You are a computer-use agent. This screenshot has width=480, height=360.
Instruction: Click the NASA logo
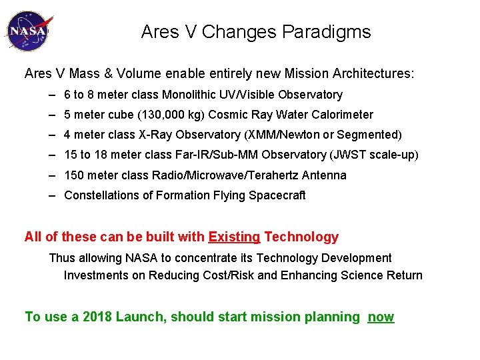pyautogui.click(x=27, y=31)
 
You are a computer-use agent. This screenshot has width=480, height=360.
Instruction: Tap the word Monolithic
pyautogui.click(x=197, y=95)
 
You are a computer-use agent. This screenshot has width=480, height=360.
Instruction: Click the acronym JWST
pyautogui.click(x=344, y=155)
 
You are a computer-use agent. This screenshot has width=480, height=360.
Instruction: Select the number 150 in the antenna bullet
pyautogui.click(x=74, y=175)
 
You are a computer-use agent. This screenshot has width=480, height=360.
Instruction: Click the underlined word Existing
pyautogui.click(x=234, y=237)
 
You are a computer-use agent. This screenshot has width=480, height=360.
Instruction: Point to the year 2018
pyautogui.click(x=97, y=317)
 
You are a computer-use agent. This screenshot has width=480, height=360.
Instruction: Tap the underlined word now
pyautogui.click(x=381, y=317)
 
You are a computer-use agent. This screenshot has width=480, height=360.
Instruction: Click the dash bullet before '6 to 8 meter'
pyautogui.click(x=52, y=95)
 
